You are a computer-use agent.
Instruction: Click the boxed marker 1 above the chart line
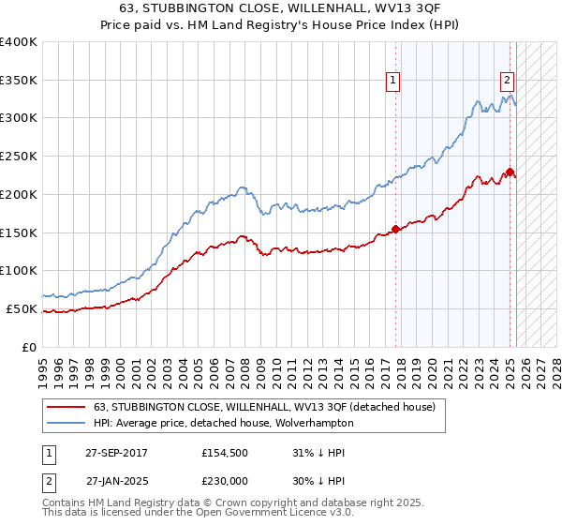tap(393, 81)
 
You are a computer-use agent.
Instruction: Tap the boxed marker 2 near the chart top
tap(507, 81)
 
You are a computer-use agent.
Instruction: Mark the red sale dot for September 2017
tap(396, 228)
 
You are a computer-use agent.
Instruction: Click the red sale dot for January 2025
tap(510, 172)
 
